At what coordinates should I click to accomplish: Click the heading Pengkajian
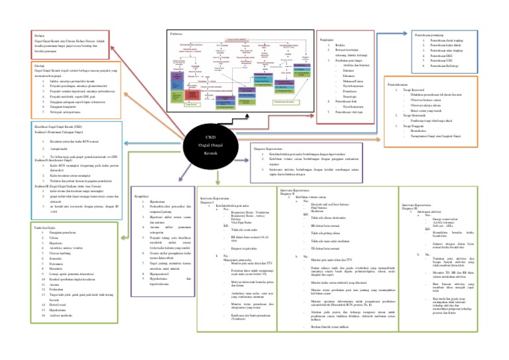coord(326,39)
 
